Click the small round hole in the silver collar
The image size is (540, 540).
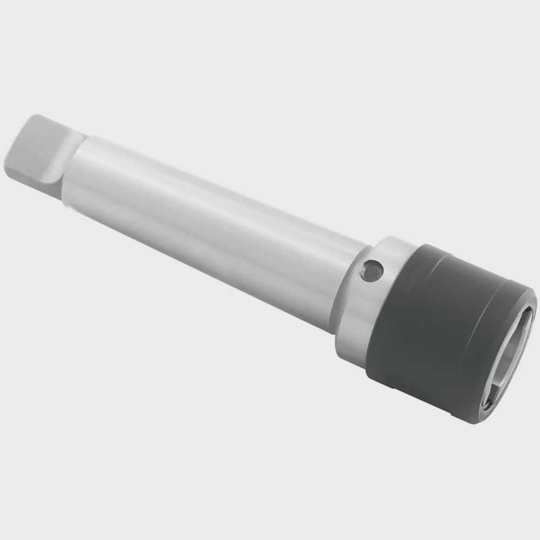coord(372,270)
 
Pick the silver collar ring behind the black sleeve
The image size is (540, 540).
coord(373,302)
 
